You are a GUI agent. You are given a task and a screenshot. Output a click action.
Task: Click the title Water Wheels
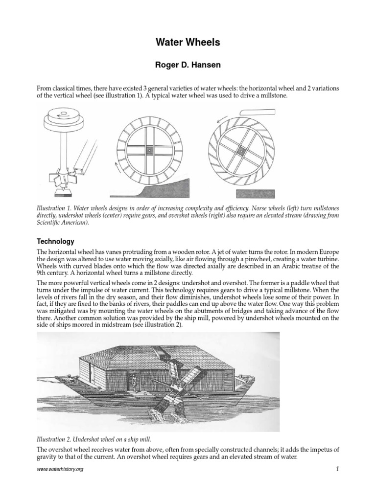[188, 43]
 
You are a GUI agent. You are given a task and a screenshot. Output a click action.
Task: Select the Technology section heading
[56, 241]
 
